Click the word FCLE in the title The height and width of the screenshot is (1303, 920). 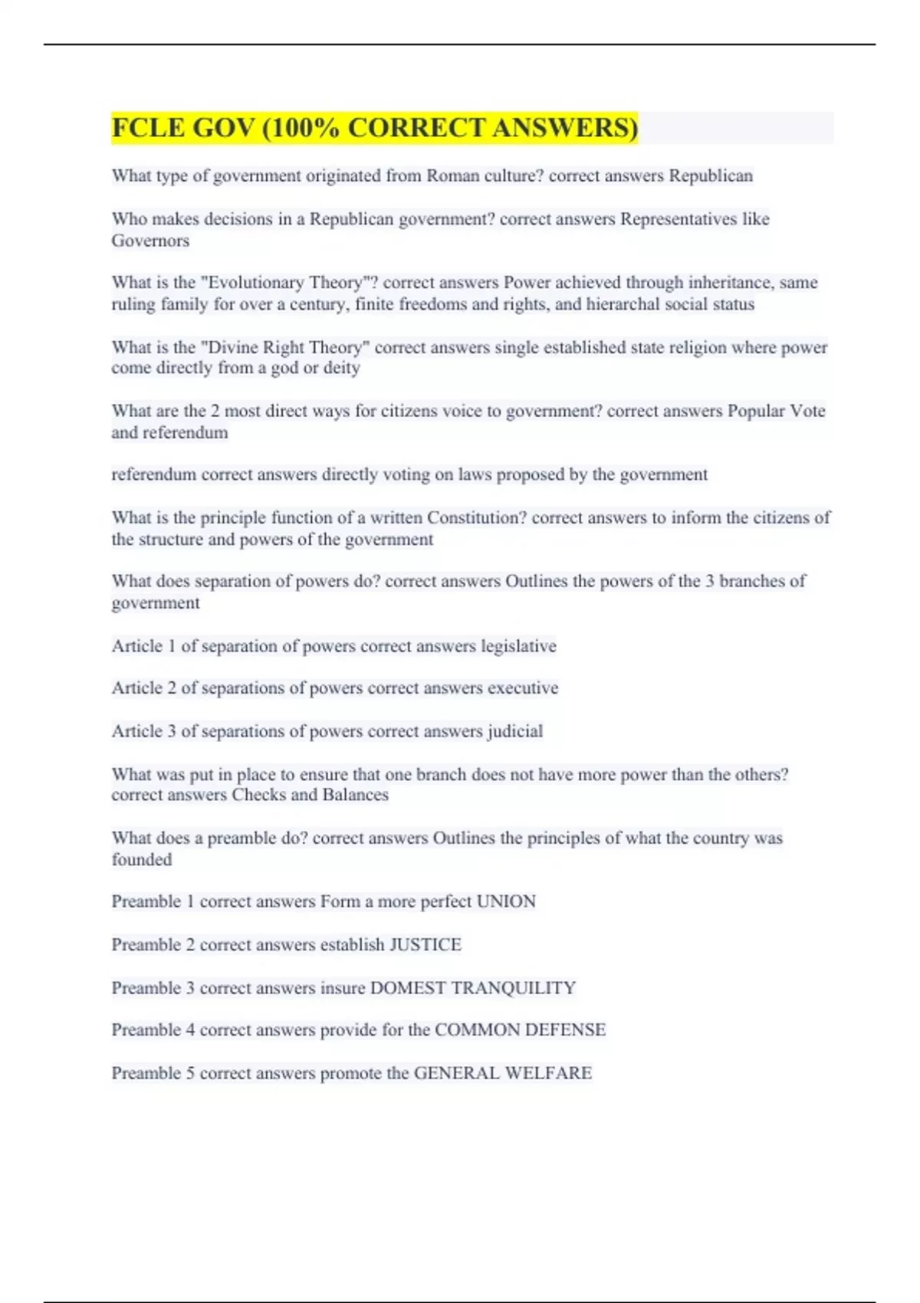149,128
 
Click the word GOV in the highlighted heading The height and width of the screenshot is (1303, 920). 223,128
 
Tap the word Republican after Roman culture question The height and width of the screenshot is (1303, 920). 711,176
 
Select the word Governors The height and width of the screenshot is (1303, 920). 150,241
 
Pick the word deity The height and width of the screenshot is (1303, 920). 341,368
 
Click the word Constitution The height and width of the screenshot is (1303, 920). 476,518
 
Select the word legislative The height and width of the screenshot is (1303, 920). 518,646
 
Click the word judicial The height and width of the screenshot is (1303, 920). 514,731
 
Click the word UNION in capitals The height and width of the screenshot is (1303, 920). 506,901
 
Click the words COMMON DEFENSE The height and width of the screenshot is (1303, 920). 520,1030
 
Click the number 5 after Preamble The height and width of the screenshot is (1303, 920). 191,1073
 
